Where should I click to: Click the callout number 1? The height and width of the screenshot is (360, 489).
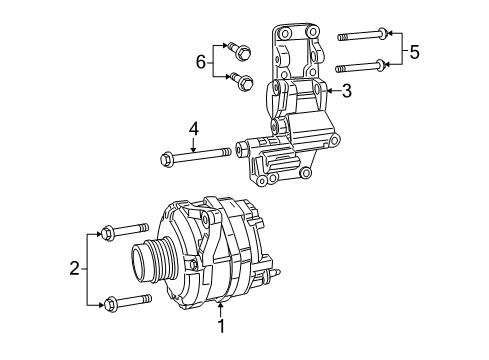[221, 324]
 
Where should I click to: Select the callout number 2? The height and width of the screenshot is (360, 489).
[74, 267]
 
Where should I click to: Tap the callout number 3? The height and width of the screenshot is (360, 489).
[346, 92]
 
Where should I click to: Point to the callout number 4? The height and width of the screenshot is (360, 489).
[195, 128]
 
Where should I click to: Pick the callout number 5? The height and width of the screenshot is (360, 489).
[414, 51]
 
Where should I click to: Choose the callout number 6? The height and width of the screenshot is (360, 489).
[201, 62]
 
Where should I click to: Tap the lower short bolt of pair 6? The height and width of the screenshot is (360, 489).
[241, 81]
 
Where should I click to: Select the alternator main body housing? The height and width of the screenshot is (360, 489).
[215, 250]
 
